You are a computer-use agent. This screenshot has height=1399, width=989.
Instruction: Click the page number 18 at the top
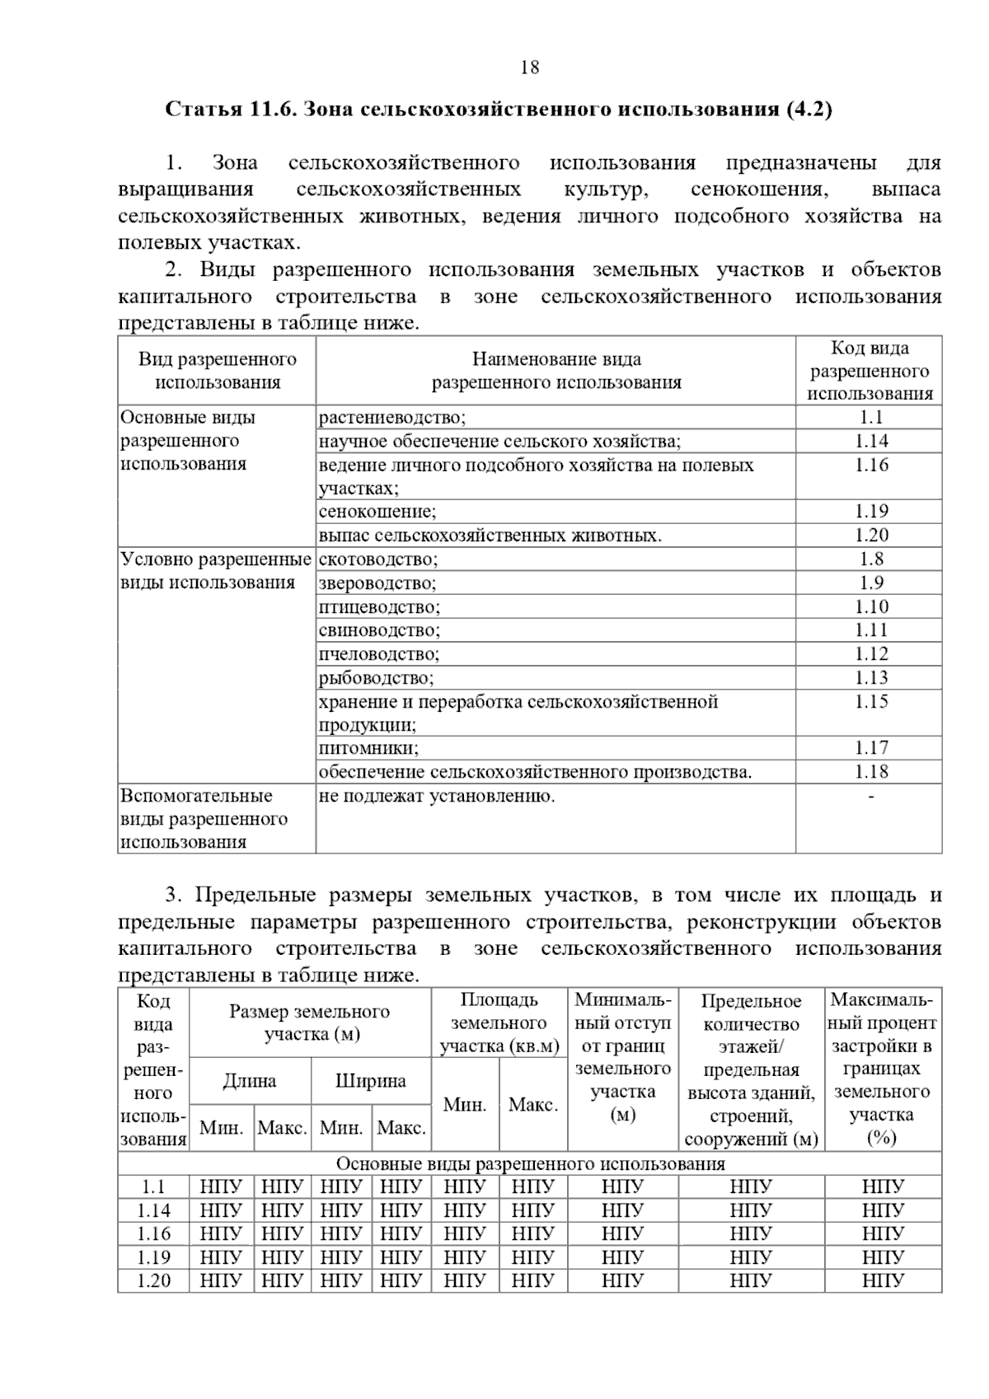point(530,68)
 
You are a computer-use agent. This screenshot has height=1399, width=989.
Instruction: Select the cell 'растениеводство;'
point(392,418)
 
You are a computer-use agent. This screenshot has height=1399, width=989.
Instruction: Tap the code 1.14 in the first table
point(871,442)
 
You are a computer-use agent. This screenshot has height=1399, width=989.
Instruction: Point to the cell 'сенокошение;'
point(377,512)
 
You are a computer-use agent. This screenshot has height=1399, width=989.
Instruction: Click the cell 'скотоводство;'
point(378,560)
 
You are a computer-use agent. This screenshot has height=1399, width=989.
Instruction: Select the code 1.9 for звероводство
point(871,583)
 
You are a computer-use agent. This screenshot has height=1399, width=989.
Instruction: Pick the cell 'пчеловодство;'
point(379,655)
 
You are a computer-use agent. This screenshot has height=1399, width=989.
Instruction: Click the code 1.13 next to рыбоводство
point(871,678)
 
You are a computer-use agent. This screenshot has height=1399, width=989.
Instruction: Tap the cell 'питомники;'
point(368,749)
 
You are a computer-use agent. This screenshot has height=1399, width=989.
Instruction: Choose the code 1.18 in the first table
point(871,772)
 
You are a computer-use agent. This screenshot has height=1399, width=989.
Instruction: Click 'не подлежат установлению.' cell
point(437,797)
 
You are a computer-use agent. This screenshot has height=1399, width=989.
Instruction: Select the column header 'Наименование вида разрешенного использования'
point(556,371)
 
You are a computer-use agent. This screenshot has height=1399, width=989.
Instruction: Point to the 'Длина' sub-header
point(249,1082)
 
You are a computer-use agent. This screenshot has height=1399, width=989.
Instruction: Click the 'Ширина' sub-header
point(371,1082)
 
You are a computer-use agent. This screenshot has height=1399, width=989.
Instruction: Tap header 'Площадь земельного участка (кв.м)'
point(499,1023)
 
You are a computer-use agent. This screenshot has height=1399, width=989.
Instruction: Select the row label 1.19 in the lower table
point(153,1258)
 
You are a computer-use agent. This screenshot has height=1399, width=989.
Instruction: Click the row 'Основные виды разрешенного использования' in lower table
point(530,1164)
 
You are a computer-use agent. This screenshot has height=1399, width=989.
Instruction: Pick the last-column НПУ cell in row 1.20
point(883,1282)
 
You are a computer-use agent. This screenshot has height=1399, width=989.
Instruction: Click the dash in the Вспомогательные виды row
point(871,797)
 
